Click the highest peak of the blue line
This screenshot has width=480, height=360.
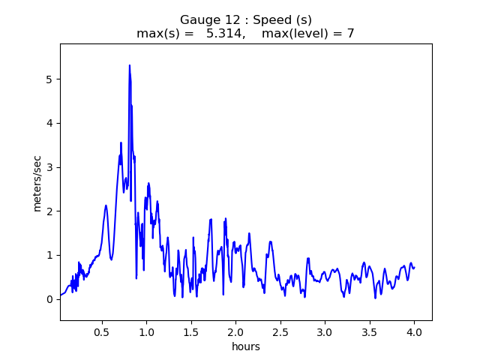(x=130, y=65)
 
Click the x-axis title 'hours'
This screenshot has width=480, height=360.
(x=246, y=346)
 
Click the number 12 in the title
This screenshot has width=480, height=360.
(x=223, y=19)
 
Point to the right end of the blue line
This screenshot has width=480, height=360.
(x=414, y=268)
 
